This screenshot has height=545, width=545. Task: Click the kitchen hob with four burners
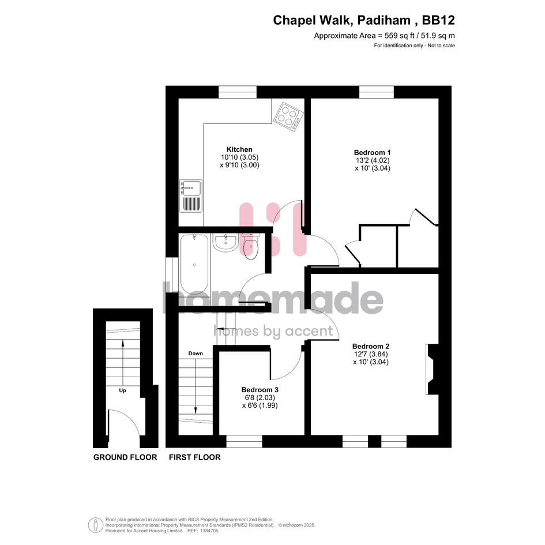pos(288,116)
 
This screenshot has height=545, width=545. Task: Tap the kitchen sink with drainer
pos(190,196)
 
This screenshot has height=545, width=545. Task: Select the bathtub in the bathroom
pos(194,264)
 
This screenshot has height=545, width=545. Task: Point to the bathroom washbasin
pos(225,242)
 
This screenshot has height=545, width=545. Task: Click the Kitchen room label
pos(239,149)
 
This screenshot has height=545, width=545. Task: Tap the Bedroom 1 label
pos(372,152)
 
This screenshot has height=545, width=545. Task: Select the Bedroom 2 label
pos(371,346)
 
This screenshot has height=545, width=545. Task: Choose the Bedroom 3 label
pos(260,390)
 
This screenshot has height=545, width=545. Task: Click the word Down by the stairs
pos(196,354)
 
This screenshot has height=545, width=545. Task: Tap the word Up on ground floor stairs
pos(122,390)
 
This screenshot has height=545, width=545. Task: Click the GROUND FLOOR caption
pos(125,457)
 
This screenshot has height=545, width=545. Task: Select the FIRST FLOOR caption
pos(195,457)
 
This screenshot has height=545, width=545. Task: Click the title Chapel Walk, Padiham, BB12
pos(364,20)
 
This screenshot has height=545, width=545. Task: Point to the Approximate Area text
pos(385,35)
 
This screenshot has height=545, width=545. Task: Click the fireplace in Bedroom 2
pos(433,369)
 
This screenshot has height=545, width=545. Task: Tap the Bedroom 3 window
pos(244,441)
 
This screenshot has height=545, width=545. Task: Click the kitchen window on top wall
pos(238,92)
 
